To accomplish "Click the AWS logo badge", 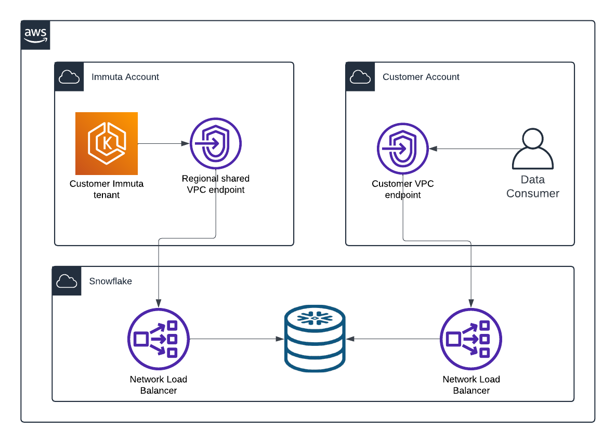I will pyautogui.click(x=35, y=35).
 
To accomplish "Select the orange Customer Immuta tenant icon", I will pyautogui.click(x=107, y=143).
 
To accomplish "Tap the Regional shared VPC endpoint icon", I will pyautogui.click(x=216, y=144).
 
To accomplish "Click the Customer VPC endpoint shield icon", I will pyautogui.click(x=403, y=149).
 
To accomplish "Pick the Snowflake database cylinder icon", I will pyautogui.click(x=314, y=339).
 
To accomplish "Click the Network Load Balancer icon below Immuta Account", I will pyautogui.click(x=159, y=339).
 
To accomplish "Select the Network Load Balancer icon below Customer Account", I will pyautogui.click(x=471, y=339).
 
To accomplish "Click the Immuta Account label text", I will pyautogui.click(x=125, y=77).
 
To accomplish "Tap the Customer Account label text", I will pyautogui.click(x=421, y=77).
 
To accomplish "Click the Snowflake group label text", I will pyautogui.click(x=111, y=281).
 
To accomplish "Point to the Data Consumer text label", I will pyautogui.click(x=533, y=186).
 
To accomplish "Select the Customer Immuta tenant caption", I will pyautogui.click(x=107, y=189).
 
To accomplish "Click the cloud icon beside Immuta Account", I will pyautogui.click(x=69, y=77).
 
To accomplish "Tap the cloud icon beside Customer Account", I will pyautogui.click(x=360, y=77).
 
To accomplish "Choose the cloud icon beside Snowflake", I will pyautogui.click(x=67, y=281).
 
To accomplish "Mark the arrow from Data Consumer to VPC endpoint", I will pyautogui.click(x=470, y=149).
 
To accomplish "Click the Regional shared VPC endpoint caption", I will pyautogui.click(x=216, y=184).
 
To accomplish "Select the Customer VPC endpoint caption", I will pyautogui.click(x=403, y=189).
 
